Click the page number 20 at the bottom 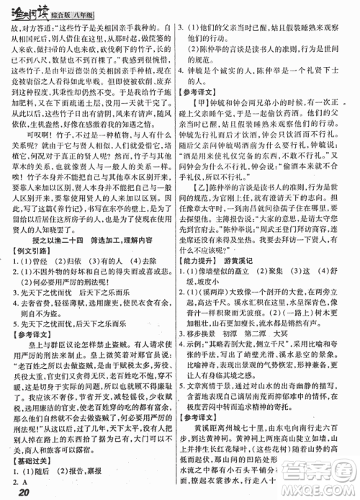coord(20,492)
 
